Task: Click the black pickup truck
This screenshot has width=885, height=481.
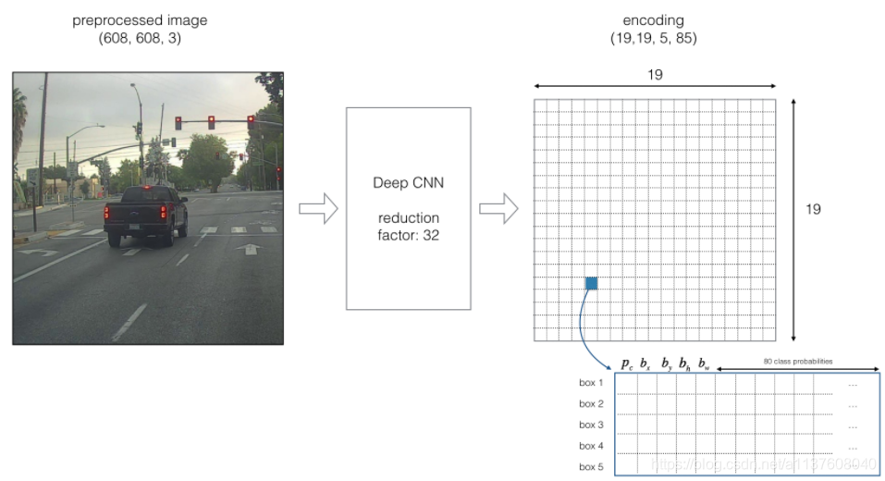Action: tap(145, 214)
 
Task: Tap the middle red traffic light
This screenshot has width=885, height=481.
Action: tap(212, 121)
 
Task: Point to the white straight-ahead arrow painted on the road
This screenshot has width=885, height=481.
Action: tap(248, 248)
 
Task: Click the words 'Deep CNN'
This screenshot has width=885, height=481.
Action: tap(408, 182)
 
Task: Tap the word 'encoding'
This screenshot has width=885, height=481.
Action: tap(654, 19)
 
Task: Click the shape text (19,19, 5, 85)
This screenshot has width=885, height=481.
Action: tap(654, 39)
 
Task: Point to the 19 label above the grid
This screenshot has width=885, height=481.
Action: tap(654, 75)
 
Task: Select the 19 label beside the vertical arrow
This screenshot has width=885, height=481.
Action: tap(813, 209)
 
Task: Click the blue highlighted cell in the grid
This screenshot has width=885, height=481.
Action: tap(591, 283)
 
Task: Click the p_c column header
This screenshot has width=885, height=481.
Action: tap(627, 363)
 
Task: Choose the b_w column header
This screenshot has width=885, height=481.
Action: tap(704, 363)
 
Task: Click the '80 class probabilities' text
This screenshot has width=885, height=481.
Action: tap(797, 361)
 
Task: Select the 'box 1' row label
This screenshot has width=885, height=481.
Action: tap(591, 383)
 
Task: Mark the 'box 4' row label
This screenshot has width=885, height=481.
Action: tap(591, 446)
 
